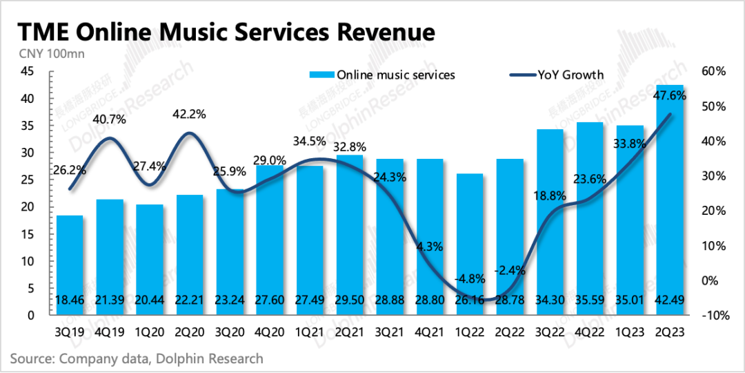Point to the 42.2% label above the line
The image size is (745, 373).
[189, 115]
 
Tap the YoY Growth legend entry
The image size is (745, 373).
[559, 75]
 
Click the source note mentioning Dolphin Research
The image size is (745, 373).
[137, 358]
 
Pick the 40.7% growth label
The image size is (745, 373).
[109, 119]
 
